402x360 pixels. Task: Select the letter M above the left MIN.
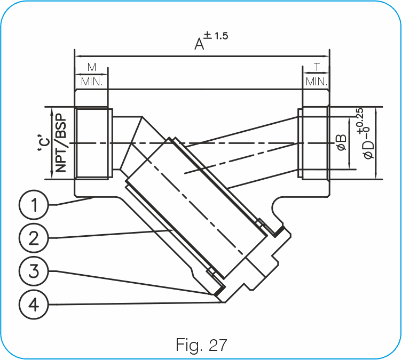91,67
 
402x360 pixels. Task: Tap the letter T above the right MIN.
317,67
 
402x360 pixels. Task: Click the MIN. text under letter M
92,82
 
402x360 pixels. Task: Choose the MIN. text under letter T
317,82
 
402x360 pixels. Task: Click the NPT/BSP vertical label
60,143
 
